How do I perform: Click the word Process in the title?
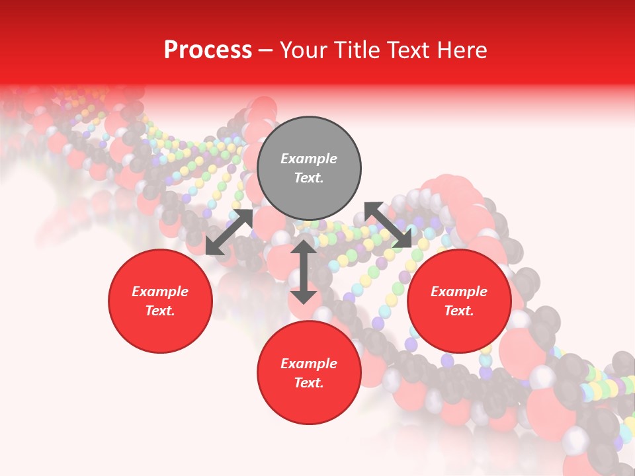[208, 50]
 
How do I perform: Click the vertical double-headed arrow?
[304, 272]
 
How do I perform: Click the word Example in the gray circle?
[309, 159]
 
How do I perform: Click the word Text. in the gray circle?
[309, 178]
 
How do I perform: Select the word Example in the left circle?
[160, 292]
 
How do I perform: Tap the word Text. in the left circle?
[160, 311]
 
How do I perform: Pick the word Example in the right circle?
[459, 292]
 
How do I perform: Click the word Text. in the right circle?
[459, 311]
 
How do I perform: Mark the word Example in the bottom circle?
[309, 364]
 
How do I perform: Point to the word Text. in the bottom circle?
[309, 383]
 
